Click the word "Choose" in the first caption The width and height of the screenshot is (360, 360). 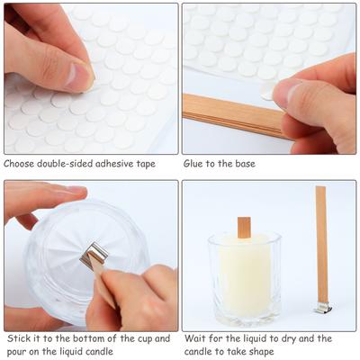(19, 164)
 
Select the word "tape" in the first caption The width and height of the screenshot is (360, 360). (146, 165)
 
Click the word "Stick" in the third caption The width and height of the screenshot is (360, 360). (18, 338)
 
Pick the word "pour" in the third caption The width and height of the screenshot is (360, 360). (15, 353)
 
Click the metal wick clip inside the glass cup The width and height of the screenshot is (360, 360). (94, 255)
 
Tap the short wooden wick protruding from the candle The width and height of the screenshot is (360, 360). (244, 228)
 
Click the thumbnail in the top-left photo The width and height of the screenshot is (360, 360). (77, 76)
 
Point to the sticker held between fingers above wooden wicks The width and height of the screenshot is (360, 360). (267, 92)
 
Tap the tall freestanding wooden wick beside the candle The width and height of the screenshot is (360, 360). (321, 246)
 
